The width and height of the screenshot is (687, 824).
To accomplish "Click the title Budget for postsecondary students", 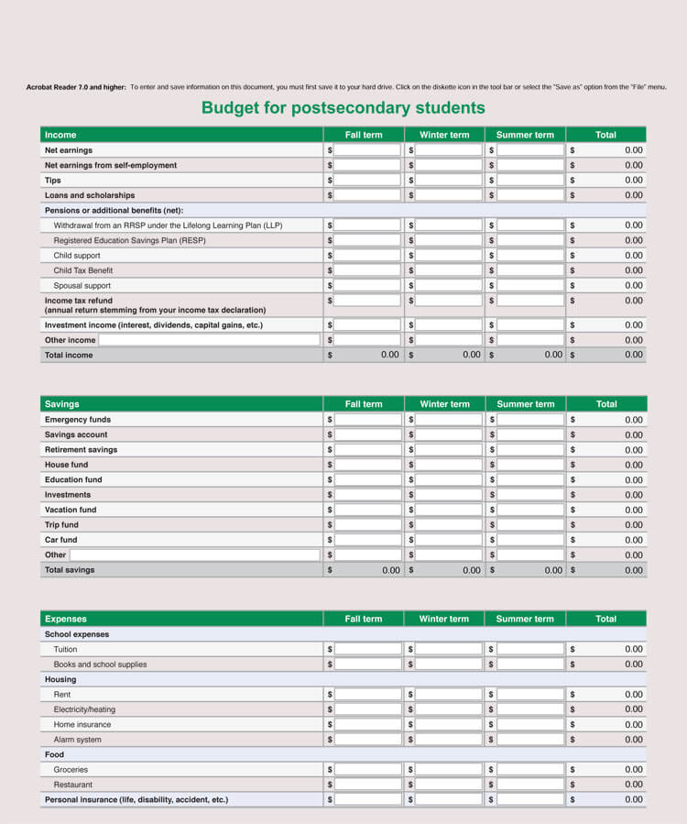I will click(343, 108).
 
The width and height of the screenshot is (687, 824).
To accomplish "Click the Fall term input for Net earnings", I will click(367, 150).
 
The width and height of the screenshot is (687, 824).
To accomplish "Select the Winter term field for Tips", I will click(449, 181).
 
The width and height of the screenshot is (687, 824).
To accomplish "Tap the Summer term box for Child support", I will click(530, 256).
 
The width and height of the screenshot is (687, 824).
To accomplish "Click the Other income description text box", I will click(209, 340).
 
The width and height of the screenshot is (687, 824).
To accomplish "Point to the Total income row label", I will click(69, 356).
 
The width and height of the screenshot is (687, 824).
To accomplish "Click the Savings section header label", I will click(62, 404).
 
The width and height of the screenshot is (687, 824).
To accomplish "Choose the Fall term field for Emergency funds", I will click(367, 420).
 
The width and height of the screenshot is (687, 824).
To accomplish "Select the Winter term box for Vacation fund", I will click(449, 510).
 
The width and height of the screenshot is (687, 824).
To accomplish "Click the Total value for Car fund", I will click(633, 540).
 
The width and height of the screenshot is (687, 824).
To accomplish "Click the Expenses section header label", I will click(66, 619).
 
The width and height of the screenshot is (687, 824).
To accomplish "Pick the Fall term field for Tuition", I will click(367, 649).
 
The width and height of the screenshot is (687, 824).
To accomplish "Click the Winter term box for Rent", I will click(449, 695).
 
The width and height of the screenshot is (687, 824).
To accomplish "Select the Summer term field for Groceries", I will click(530, 770).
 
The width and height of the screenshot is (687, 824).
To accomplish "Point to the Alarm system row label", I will click(78, 740).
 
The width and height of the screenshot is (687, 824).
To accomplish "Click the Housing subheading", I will click(60, 680).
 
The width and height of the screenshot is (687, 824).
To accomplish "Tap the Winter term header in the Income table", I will click(444, 135).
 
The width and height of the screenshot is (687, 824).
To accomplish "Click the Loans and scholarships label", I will click(90, 195).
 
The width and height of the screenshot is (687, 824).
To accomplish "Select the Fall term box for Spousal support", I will click(367, 286).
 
